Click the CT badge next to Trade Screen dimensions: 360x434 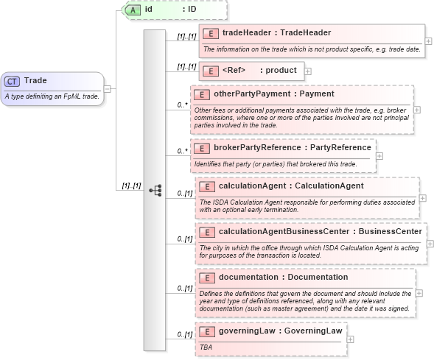pos(13,81)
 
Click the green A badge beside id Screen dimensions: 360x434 pos(133,10)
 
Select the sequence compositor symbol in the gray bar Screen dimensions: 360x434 pos(155,190)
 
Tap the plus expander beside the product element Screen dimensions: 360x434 pos(307,71)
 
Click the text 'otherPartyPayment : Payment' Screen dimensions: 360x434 pos(273,94)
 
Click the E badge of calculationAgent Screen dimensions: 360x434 pos(207,186)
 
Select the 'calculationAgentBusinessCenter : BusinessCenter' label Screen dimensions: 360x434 pos(320,232)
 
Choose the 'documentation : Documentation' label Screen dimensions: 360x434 pos(282,278)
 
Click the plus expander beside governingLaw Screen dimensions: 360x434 pos(350,339)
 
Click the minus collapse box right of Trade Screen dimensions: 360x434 pos(108,88)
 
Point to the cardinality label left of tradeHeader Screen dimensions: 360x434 pos(186,36)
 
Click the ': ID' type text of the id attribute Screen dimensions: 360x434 pos(189,10)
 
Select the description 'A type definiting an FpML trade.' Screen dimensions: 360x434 pos(52,96)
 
